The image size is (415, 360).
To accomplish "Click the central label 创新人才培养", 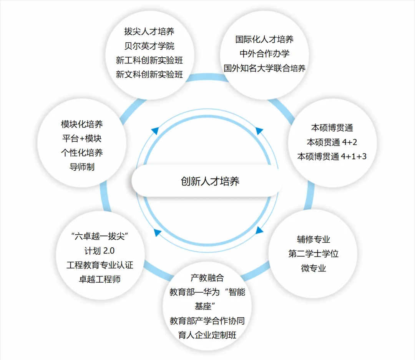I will coord(210,181).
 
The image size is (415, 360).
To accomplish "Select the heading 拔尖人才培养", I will coord(149,31).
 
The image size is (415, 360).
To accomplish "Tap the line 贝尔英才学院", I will coord(149,46).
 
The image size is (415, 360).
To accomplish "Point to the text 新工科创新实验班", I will coord(149,60).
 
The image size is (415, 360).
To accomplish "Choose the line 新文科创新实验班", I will coord(149,74).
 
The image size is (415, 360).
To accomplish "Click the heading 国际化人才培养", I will coord(264,39).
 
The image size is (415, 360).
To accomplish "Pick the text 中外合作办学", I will coord(264,53).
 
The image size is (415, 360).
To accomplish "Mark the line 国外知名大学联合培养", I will coord(264,68).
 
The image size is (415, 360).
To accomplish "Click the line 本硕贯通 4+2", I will coord(332,142).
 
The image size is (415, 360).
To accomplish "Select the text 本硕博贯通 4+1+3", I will coord(332,157).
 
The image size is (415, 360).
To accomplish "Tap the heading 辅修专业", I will coord(313,239).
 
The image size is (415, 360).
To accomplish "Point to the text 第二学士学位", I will coord(313,254).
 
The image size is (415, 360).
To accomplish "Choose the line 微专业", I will coord(313,268).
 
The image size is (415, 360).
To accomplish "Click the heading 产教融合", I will coord(207,277).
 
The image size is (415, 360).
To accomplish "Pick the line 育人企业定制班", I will coord(207,335).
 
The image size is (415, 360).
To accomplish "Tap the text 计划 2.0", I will coord(100,251).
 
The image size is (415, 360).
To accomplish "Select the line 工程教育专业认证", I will coord(100,265).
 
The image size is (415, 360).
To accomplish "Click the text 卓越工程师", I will coord(100,279).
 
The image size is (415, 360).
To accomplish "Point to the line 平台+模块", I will coord(81,138).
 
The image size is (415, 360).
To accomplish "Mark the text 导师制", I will coord(81,167).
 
